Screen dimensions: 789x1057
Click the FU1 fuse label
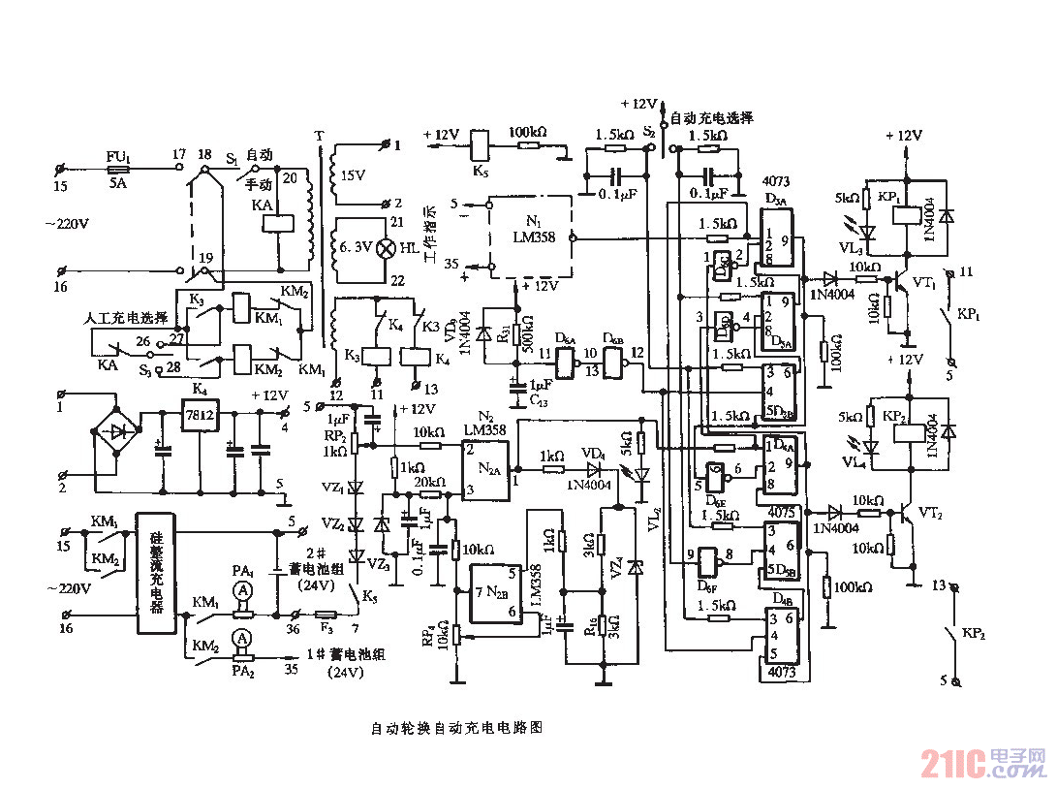pyautogui.click(x=115, y=155)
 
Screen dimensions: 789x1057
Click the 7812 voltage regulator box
pyautogui.click(x=201, y=415)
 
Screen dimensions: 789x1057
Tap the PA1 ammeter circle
pyautogui.click(x=246, y=590)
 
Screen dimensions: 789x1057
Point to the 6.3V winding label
pyautogui.click(x=351, y=249)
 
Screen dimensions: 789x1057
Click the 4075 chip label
pyautogui.click(x=781, y=511)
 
